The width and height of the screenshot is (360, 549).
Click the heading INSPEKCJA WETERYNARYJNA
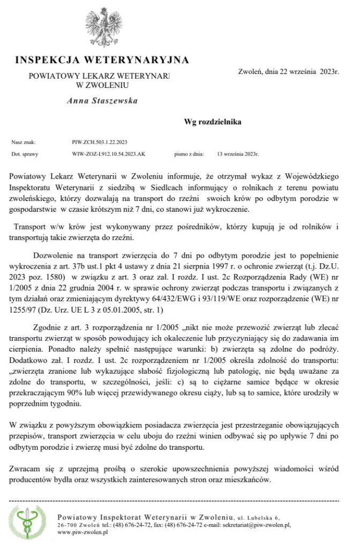point(102,58)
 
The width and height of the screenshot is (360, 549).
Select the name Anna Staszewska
point(102,100)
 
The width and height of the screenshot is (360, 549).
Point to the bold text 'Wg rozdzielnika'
point(212,122)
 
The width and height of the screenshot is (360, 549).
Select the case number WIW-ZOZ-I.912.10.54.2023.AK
point(108,154)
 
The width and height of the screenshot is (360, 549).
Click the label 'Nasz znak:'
point(23,143)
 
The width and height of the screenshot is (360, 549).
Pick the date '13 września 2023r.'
point(238,154)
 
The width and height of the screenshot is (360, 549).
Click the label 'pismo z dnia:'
point(189,154)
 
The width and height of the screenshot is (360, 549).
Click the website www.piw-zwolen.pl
point(82,533)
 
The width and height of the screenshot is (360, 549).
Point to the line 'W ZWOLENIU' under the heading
point(102,84)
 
